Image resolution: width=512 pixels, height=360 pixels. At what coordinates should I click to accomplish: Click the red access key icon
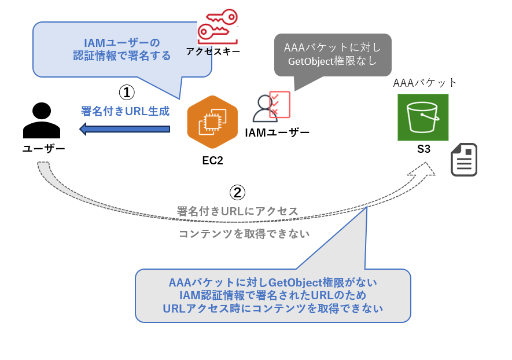[217, 27]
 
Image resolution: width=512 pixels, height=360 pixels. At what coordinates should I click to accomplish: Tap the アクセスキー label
[213, 52]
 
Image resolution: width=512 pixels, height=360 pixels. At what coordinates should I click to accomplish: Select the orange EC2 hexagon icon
[212, 122]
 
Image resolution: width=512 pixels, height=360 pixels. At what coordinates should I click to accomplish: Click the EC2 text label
[212, 161]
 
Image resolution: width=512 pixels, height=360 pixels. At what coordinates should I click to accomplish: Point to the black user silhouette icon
[41, 120]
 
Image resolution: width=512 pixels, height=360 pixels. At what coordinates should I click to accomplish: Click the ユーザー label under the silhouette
[43, 149]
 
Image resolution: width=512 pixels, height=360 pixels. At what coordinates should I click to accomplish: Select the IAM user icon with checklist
[271, 107]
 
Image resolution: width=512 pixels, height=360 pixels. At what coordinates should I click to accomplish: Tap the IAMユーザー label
[277, 133]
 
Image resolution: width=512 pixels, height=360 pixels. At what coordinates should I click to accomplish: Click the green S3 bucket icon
[423, 117]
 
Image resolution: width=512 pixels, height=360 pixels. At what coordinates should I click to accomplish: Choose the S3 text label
[423, 149]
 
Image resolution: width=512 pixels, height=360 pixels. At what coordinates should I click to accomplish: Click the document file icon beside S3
[464, 160]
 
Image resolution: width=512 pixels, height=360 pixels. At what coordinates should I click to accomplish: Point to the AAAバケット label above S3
[425, 83]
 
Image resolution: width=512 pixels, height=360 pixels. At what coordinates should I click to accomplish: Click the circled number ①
[127, 93]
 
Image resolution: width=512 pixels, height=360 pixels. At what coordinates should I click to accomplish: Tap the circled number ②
[238, 192]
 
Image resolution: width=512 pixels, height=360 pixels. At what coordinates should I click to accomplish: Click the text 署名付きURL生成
[125, 111]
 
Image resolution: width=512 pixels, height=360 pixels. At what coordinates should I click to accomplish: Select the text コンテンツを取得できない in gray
[244, 234]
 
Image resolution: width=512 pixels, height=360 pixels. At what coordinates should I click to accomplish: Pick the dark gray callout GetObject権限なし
[332, 54]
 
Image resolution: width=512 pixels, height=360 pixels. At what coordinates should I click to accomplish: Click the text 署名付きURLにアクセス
[237, 211]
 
